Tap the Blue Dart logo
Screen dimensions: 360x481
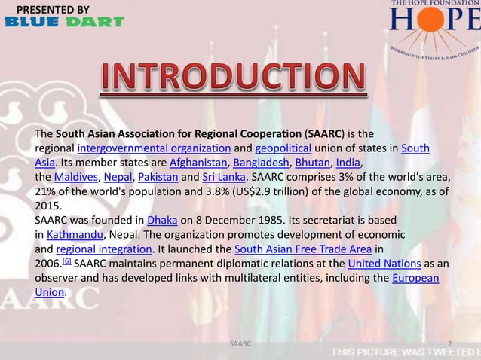pyautogui.click(x=64, y=22)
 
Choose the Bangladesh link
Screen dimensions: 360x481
pyautogui.click(x=259, y=162)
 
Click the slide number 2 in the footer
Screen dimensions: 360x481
pyautogui.click(x=450, y=343)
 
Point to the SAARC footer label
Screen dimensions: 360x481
pyautogui.click(x=240, y=343)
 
